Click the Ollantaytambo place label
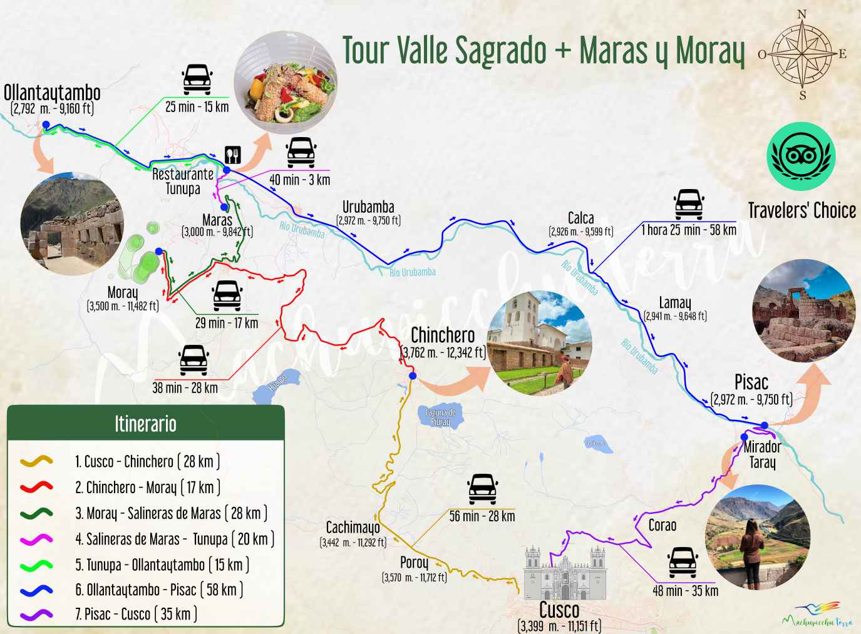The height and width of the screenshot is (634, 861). pos(52,93)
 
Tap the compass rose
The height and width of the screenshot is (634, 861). pos(802,54)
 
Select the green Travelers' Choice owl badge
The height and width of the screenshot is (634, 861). pos(801,156)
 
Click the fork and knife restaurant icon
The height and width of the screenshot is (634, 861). pos(233,155)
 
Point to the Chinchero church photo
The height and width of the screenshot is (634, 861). pos(539,342)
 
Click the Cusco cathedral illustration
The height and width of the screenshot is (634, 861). pos(565,573)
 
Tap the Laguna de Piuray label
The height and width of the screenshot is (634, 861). pos(440,417)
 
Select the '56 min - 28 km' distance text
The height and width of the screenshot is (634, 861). pos(482,516)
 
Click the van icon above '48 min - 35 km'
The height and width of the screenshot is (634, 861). pos(683,562)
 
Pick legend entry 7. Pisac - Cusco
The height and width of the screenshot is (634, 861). pos(136,615)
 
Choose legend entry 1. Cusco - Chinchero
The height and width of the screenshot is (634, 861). pos(147,462)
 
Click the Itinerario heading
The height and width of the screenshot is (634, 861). pos(145,424)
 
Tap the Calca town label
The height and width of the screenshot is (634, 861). pos(580,218)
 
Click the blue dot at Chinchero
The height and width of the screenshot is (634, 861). pos(412,376)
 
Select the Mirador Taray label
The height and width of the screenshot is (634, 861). pos(762,454)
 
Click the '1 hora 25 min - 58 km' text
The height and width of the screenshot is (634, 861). pos(688,230)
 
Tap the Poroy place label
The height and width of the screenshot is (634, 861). pos(414,563)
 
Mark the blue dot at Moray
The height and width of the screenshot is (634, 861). pos(159,252)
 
